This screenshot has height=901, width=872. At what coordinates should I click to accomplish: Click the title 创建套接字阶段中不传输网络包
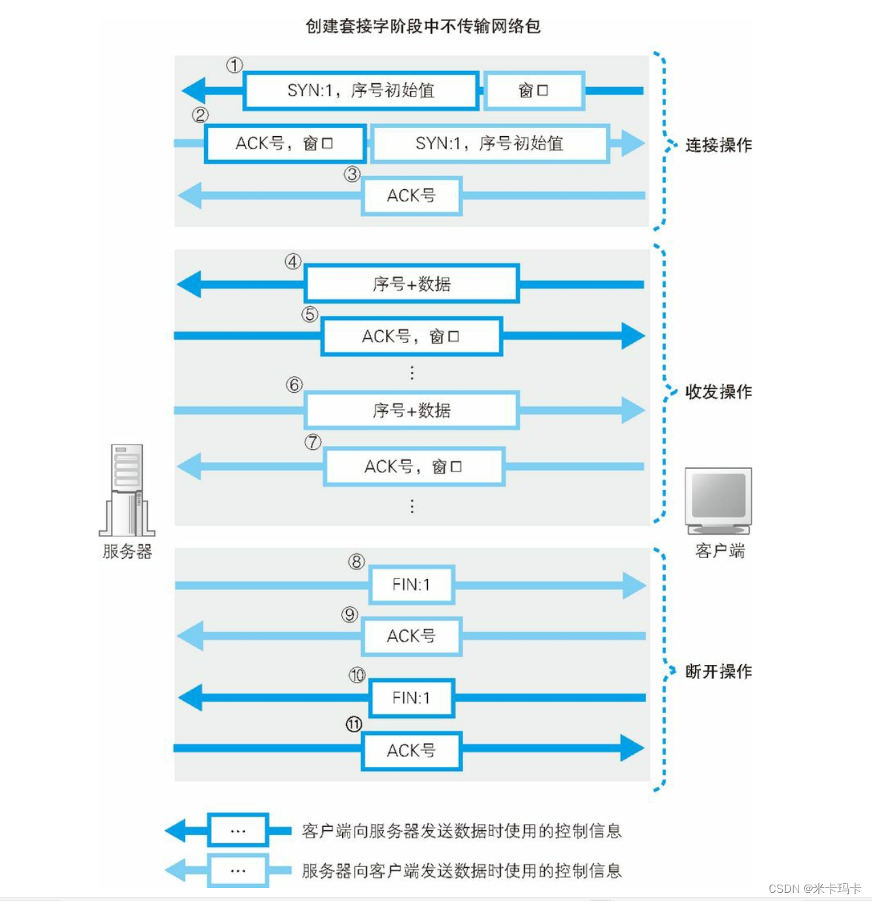click(422, 27)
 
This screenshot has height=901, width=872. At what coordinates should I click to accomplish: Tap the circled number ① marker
click(235, 65)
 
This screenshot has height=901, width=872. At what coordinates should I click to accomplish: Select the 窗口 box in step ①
click(533, 91)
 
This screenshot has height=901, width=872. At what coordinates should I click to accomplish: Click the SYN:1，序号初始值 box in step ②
click(489, 144)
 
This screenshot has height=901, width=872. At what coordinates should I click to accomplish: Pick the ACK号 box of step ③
click(412, 196)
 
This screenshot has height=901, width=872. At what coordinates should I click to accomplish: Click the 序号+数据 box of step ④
click(412, 284)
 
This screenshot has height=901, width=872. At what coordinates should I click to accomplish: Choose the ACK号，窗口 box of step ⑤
click(412, 336)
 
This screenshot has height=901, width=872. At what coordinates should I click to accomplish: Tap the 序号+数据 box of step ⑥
click(412, 410)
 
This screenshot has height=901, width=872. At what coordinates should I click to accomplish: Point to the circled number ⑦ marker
click(313, 442)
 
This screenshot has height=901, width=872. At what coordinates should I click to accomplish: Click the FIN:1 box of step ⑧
click(412, 585)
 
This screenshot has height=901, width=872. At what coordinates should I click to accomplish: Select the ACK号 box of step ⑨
click(412, 636)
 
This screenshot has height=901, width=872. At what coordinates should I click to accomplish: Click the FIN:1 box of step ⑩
click(412, 698)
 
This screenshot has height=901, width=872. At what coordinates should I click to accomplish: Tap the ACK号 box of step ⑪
click(412, 751)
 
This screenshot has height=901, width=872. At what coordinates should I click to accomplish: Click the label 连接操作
click(718, 145)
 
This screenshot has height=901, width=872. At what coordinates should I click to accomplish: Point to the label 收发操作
click(718, 392)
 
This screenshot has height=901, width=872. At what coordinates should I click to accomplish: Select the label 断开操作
click(718, 672)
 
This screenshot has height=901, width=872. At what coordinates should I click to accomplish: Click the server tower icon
click(127, 490)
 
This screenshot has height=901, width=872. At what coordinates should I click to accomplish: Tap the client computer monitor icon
click(718, 501)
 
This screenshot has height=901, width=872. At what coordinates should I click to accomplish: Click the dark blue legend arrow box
click(238, 830)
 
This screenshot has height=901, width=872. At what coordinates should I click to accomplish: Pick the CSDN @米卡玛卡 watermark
click(814, 889)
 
